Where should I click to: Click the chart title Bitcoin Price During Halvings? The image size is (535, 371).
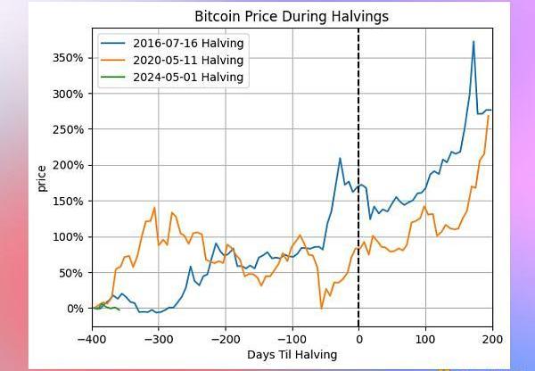click(292, 17)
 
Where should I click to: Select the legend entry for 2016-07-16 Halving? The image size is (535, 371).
click(187, 43)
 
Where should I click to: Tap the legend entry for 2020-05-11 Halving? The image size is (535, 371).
click(187, 60)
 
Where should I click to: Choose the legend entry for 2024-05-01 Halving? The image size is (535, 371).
click(187, 77)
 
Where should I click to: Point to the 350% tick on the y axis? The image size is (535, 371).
click(69, 58)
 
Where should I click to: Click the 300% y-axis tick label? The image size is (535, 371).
click(69, 94)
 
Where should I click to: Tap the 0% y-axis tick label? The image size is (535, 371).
click(75, 309)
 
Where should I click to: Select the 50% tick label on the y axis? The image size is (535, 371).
click(71, 273)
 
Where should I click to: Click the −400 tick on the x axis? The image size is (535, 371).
click(91, 339)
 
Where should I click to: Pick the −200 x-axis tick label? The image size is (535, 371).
click(225, 339)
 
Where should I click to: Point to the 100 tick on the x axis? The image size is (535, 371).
click(425, 339)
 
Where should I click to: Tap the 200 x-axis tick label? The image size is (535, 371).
click(492, 339)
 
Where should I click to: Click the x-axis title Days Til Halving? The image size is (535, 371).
click(292, 355)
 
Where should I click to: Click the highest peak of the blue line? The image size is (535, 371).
click(473, 42)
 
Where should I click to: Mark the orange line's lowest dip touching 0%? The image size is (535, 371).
click(321, 308)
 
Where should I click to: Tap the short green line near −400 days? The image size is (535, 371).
click(105, 306)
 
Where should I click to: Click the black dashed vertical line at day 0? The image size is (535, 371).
click(358, 178)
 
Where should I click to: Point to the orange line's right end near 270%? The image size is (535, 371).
click(489, 116)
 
